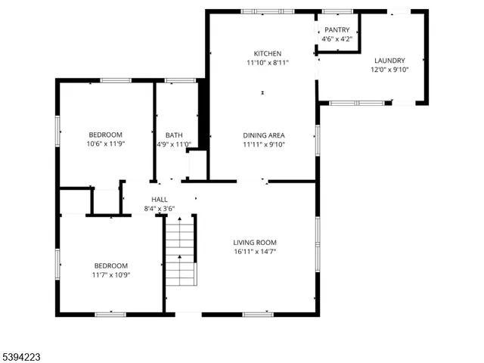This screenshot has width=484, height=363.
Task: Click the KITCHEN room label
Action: click(x=268, y=54)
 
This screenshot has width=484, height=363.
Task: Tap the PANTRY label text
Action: click(x=337, y=29)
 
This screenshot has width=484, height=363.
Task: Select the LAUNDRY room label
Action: click(x=389, y=60)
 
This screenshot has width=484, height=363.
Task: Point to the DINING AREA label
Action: click(x=263, y=135)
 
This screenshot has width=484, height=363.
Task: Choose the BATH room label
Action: click(x=174, y=135)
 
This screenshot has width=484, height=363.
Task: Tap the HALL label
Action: click(x=160, y=200)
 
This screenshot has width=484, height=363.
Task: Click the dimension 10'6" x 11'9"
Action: click(x=105, y=144)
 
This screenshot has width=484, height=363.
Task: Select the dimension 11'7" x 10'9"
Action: click(x=110, y=275)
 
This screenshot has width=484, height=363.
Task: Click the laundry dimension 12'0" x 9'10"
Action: click(x=389, y=70)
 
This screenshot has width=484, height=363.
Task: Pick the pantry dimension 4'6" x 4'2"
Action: click(x=337, y=39)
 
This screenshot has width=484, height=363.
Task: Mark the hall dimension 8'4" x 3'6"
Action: click(x=160, y=209)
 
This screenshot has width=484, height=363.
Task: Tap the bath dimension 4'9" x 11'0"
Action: click(x=174, y=144)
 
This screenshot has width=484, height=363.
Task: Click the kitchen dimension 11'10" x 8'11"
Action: click(x=268, y=63)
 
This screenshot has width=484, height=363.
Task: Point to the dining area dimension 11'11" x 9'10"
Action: click(x=263, y=144)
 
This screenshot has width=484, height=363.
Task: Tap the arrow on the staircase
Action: click(x=180, y=257)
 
